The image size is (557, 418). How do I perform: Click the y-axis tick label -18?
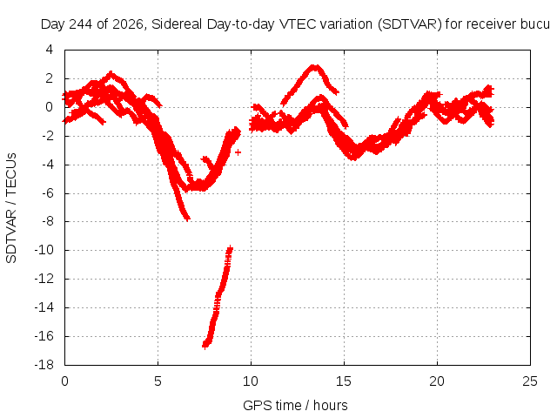pos(44,365)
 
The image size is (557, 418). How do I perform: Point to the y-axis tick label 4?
pos(49,50)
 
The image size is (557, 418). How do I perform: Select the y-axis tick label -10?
pos(44,250)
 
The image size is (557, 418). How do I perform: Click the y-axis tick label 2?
pos(49,78)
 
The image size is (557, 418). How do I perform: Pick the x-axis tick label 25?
pos(530,381)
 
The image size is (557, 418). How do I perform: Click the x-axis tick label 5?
pos(158,381)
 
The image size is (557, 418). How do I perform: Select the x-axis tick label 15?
pos(344,381)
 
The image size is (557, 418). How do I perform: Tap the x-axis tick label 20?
pos(437,381)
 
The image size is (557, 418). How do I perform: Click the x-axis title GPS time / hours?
pos(295,405)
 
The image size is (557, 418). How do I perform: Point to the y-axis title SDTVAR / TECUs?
pos(11,208)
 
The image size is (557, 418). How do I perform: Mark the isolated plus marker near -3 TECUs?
pos(238,152)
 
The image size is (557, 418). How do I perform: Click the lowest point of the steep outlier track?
pos(205,346)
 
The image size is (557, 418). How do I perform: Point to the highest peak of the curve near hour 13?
pos(314,66)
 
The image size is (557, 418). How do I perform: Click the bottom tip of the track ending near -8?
pos(188,219)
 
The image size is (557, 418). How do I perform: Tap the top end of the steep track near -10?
pos(230,247)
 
